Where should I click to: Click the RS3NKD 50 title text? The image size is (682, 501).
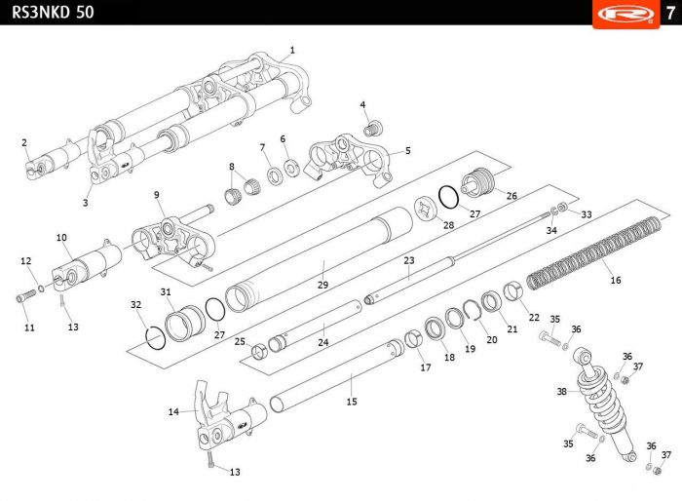click(47, 13)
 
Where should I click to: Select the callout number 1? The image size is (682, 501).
click(292, 50)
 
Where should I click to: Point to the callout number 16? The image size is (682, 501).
click(615, 280)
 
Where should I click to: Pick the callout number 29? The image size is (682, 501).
click(322, 285)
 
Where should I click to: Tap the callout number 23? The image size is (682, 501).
click(409, 260)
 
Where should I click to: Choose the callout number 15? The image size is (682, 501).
click(352, 401)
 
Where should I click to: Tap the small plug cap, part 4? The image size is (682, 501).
click(370, 128)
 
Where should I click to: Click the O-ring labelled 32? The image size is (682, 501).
click(153, 337)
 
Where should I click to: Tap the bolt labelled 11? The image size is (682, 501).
click(24, 297)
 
